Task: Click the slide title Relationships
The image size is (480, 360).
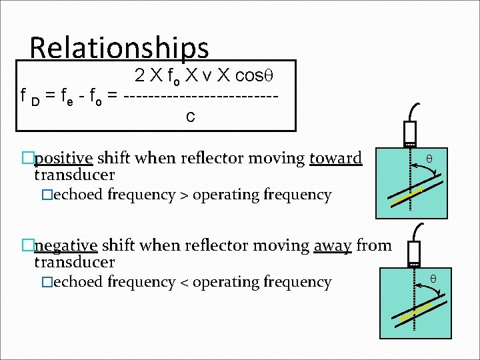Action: point(119,48)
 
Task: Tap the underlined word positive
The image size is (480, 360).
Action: point(63,158)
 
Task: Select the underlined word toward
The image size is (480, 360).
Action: point(335,158)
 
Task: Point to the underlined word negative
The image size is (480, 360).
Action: point(66,245)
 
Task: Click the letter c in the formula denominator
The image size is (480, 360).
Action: point(191,117)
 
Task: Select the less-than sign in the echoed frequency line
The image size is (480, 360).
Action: point(183,282)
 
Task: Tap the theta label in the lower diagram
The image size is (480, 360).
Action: point(433,277)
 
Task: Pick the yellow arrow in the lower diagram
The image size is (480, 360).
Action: point(415,313)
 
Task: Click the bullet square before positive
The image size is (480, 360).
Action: point(27,159)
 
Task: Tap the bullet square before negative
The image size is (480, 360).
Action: point(27,246)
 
